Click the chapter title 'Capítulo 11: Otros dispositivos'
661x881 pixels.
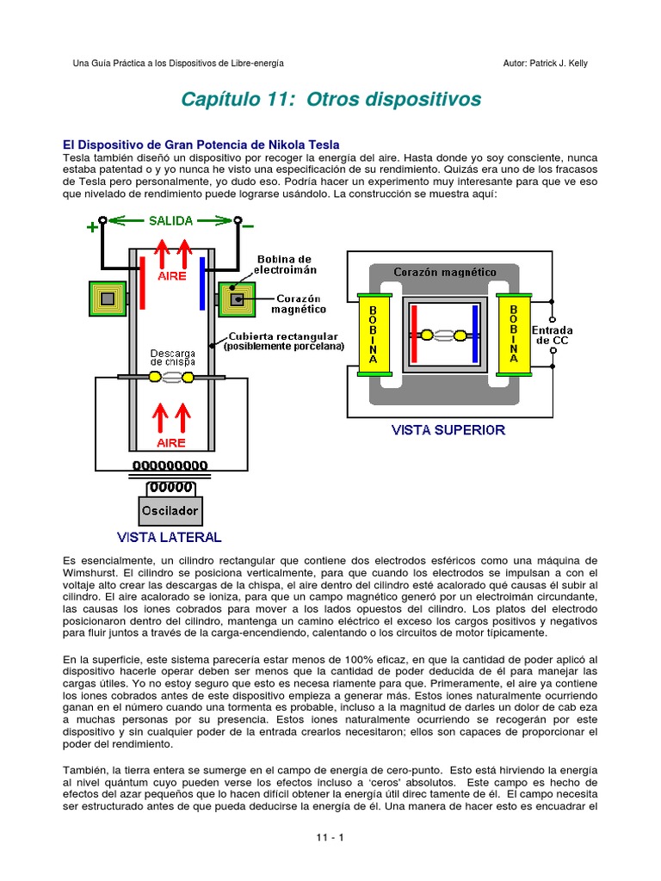[x=330, y=99]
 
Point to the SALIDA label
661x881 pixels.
[x=170, y=221]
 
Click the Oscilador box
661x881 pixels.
[x=170, y=510]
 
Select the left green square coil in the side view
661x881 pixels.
[x=107, y=299]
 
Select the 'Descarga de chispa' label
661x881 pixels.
[x=172, y=357]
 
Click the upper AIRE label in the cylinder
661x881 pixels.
[x=171, y=277]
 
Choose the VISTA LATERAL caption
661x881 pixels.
[x=169, y=537]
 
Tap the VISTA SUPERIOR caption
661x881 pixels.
[x=448, y=429]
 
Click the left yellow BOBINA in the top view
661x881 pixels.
[x=373, y=335]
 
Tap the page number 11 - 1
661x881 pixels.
[x=330, y=836]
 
